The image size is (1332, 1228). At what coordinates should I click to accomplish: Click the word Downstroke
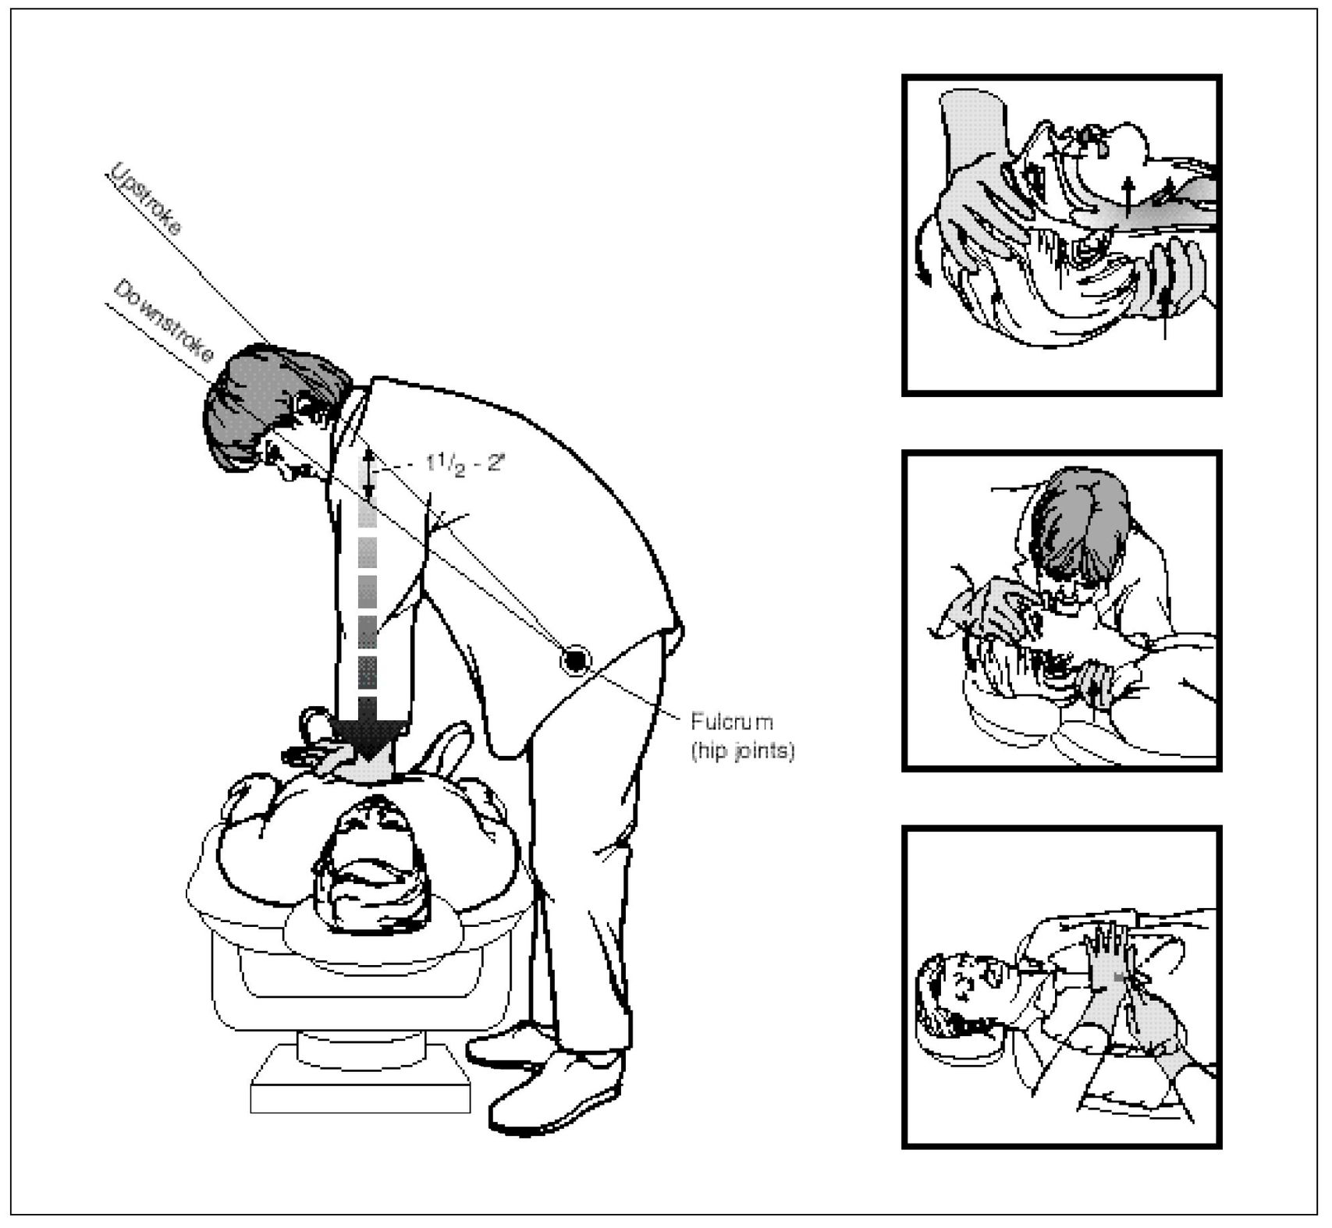click(164, 321)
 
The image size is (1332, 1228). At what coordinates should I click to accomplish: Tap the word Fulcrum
click(732, 722)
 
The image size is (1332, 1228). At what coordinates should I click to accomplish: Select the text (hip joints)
click(743, 751)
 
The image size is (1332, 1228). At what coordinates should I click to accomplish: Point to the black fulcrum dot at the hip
click(576, 662)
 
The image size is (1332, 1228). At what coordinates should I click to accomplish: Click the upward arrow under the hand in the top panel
click(1165, 312)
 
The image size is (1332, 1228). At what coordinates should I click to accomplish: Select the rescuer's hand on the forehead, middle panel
click(991, 605)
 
